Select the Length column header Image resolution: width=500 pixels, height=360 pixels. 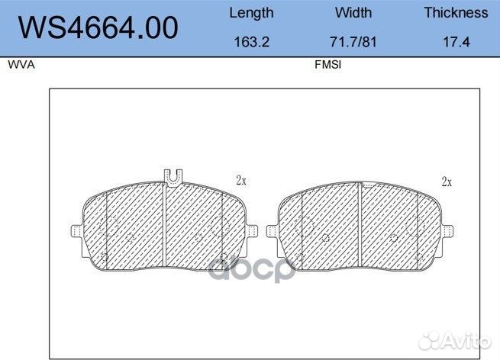(x=251, y=13)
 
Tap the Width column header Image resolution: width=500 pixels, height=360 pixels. (x=353, y=13)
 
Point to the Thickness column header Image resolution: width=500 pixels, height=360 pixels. (x=456, y=13)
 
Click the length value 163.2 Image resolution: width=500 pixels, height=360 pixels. (x=251, y=43)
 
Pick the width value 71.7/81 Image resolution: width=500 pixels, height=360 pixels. (x=353, y=43)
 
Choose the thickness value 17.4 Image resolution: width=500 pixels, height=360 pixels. (x=456, y=43)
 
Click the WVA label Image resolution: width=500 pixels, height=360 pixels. (x=21, y=66)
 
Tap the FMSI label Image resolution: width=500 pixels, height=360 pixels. (x=327, y=66)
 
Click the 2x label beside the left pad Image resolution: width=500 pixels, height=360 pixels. (x=241, y=181)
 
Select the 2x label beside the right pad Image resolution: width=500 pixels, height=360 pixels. (x=447, y=182)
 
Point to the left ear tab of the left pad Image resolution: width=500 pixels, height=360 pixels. (x=76, y=230)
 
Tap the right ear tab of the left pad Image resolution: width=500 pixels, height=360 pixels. (x=255, y=230)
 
